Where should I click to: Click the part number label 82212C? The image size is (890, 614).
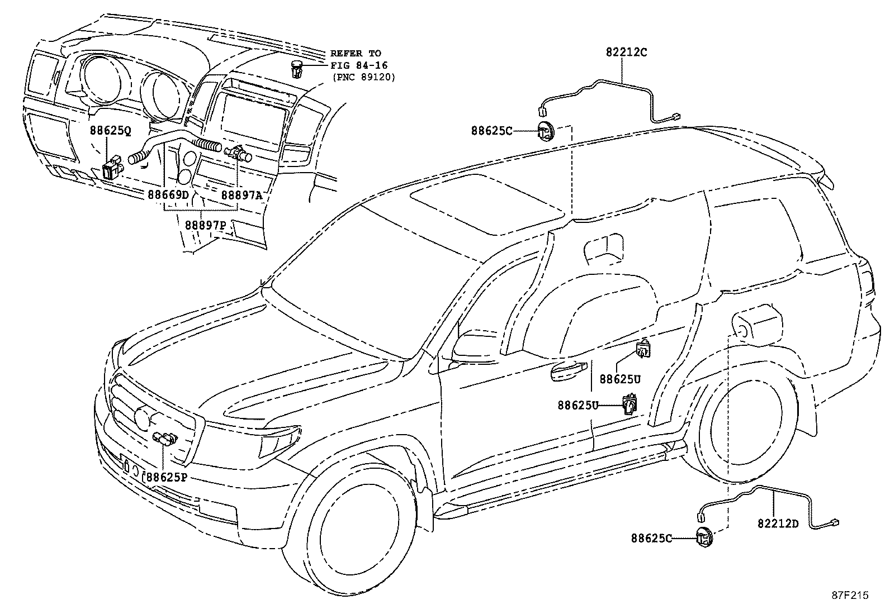[626, 52]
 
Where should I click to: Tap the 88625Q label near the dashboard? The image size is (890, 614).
[110, 131]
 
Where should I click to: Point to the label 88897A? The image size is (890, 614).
[242, 195]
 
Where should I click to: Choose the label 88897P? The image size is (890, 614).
[205, 225]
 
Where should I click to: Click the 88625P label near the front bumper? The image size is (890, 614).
[166, 477]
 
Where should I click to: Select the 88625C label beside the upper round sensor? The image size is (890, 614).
[491, 131]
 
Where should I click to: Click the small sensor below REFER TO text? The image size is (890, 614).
[297, 70]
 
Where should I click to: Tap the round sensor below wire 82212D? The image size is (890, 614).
[704, 537]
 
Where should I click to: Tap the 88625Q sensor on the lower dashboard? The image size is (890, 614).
[112, 166]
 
